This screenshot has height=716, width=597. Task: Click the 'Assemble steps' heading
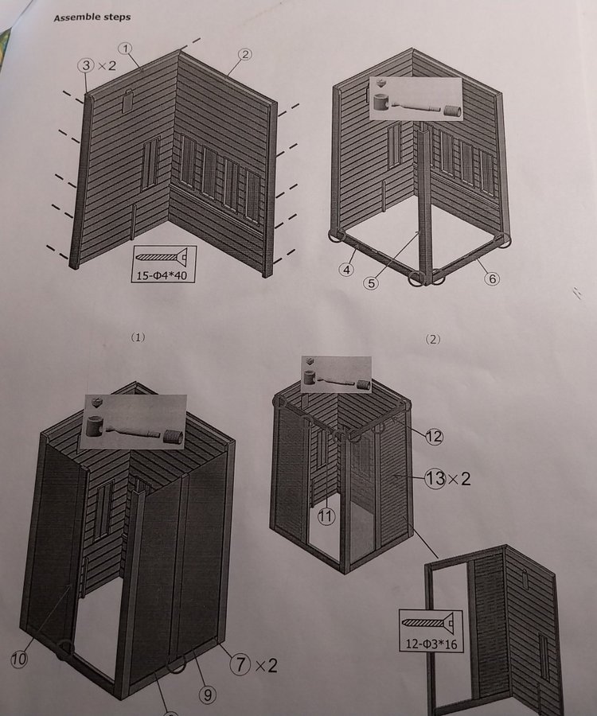point(92,18)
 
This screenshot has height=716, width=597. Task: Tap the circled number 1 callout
point(125,48)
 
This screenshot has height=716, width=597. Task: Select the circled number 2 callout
point(245,54)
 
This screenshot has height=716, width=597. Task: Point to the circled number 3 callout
point(86,65)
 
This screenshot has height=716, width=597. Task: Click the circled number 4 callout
point(346,270)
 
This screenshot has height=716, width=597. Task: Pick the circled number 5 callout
point(372,283)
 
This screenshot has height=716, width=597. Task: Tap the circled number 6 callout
point(491,278)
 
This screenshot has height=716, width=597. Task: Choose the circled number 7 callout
point(240,664)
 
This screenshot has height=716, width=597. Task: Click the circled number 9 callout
point(208,695)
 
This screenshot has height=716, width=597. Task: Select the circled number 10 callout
point(19,659)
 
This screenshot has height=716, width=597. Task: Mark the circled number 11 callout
point(326,516)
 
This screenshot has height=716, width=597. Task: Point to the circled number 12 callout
point(434,437)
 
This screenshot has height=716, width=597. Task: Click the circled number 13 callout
point(435,478)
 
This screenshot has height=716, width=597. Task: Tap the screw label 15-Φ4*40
point(162,275)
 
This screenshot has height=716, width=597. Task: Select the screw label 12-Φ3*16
point(431,644)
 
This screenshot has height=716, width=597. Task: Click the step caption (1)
point(138,337)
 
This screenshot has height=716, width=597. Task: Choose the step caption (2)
point(432,339)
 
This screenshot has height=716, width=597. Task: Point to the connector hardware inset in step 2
point(416,99)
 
